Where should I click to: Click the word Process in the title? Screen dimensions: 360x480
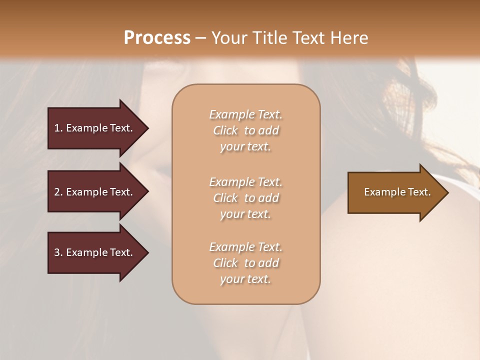157,38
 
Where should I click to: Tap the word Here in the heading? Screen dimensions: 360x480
349,38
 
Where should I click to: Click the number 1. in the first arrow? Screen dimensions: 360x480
58,128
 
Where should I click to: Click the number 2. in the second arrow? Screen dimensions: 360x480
58,192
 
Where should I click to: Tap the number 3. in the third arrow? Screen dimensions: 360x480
58,252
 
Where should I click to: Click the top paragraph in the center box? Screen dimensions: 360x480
245,130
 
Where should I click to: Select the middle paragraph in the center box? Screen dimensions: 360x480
245,198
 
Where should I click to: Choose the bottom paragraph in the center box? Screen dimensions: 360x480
245,263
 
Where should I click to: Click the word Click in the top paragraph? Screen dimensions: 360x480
225,130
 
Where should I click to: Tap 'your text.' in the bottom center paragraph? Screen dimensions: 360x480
245,279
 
